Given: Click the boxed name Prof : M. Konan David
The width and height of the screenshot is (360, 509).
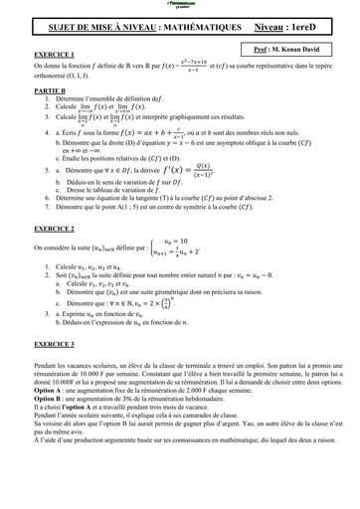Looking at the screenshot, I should pyautogui.click(x=298, y=47).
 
